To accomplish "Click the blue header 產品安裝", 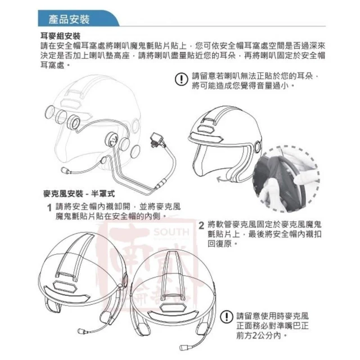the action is [69, 19].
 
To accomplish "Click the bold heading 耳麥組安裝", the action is [60, 36].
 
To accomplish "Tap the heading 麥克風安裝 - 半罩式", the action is [79, 193].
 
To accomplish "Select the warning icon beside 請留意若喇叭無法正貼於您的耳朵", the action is [182, 79].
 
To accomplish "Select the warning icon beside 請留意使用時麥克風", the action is [227, 317].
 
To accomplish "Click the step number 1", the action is [49, 208].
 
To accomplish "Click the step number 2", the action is [201, 226].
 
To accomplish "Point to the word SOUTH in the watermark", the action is [172, 232].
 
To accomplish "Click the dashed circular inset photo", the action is [286, 179].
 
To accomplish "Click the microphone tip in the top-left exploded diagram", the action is [65, 170].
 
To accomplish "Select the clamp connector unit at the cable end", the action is [157, 139].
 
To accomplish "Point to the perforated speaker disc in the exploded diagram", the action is [112, 139].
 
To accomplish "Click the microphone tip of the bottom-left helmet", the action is [82, 331].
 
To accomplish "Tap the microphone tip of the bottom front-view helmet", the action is [183, 348].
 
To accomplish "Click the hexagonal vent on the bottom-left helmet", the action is [65, 286].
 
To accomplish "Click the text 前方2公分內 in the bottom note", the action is [259, 336].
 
